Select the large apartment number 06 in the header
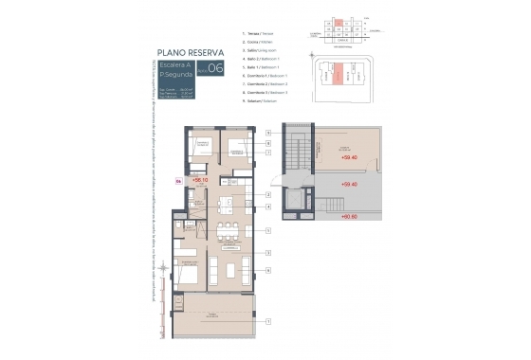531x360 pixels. point(216,67)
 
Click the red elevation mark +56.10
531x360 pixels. point(199,178)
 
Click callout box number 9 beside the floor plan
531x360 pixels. point(269,134)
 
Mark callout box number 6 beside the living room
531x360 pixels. point(269,271)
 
